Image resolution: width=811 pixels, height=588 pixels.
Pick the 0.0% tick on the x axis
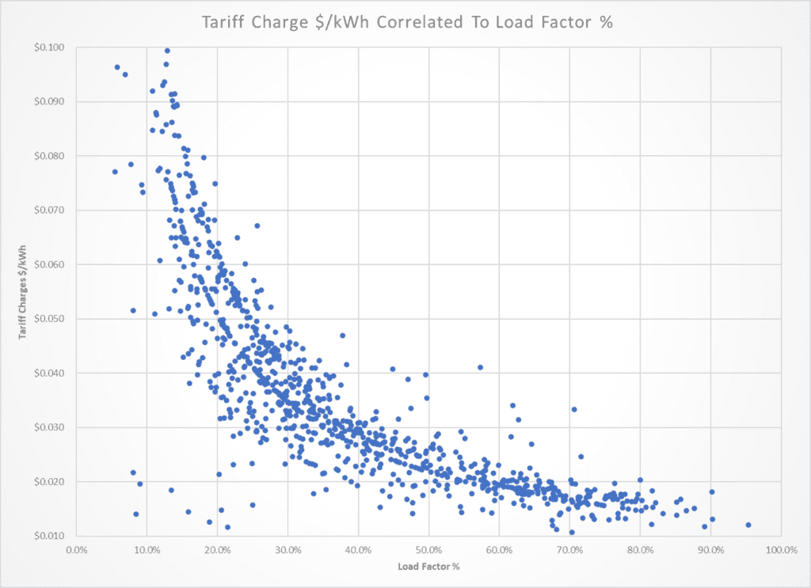[76, 549]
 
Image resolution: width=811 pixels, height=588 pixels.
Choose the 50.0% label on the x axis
[428, 549]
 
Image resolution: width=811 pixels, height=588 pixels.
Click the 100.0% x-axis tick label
[780, 549]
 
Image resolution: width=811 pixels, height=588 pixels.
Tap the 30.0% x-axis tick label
[287, 549]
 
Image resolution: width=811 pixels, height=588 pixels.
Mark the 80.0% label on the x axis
[640, 549]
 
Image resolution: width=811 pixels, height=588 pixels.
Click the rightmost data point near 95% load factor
[748, 525]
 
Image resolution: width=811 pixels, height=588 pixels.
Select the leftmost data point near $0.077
[115, 172]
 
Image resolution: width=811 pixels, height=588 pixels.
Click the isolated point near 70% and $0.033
[574, 409]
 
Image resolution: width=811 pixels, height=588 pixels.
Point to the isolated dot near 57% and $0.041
[480, 367]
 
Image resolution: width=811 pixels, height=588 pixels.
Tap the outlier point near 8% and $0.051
[133, 310]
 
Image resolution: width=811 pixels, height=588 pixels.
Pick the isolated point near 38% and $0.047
[343, 336]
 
